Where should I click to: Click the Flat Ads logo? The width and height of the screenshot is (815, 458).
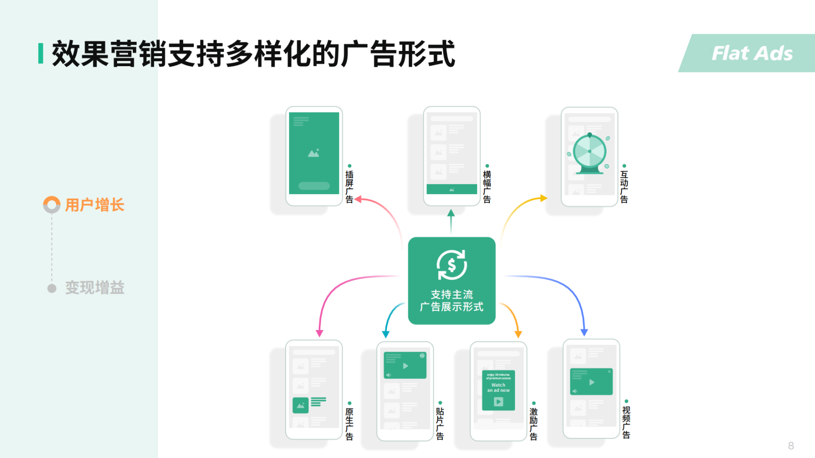tap(752, 53)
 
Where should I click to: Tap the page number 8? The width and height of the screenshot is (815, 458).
tap(791, 446)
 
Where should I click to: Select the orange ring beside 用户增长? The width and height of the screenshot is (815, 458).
tap(52, 205)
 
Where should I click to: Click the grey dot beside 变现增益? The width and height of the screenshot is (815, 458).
tap(52, 288)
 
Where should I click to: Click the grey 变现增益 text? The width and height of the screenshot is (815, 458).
tap(95, 288)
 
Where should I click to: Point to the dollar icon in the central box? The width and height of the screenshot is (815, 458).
tap(451, 265)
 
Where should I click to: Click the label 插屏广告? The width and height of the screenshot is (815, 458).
tap(349, 187)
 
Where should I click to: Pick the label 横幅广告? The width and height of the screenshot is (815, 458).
tap(487, 187)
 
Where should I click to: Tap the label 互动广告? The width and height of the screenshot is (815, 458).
tap(624, 187)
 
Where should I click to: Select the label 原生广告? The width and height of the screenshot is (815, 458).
tap(349, 424)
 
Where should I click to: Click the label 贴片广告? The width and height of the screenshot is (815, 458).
tap(440, 423)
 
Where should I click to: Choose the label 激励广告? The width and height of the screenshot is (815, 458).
tap(534, 424)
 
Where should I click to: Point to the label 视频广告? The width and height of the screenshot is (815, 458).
tap(626, 422)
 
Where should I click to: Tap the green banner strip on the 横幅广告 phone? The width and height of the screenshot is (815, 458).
tap(451, 189)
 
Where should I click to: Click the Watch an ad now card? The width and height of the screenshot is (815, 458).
tap(498, 390)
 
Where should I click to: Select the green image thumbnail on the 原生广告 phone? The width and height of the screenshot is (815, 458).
tap(300, 405)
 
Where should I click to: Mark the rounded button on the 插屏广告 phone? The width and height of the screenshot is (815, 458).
tap(314, 186)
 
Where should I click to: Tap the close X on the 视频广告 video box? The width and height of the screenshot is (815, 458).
tap(609, 371)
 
